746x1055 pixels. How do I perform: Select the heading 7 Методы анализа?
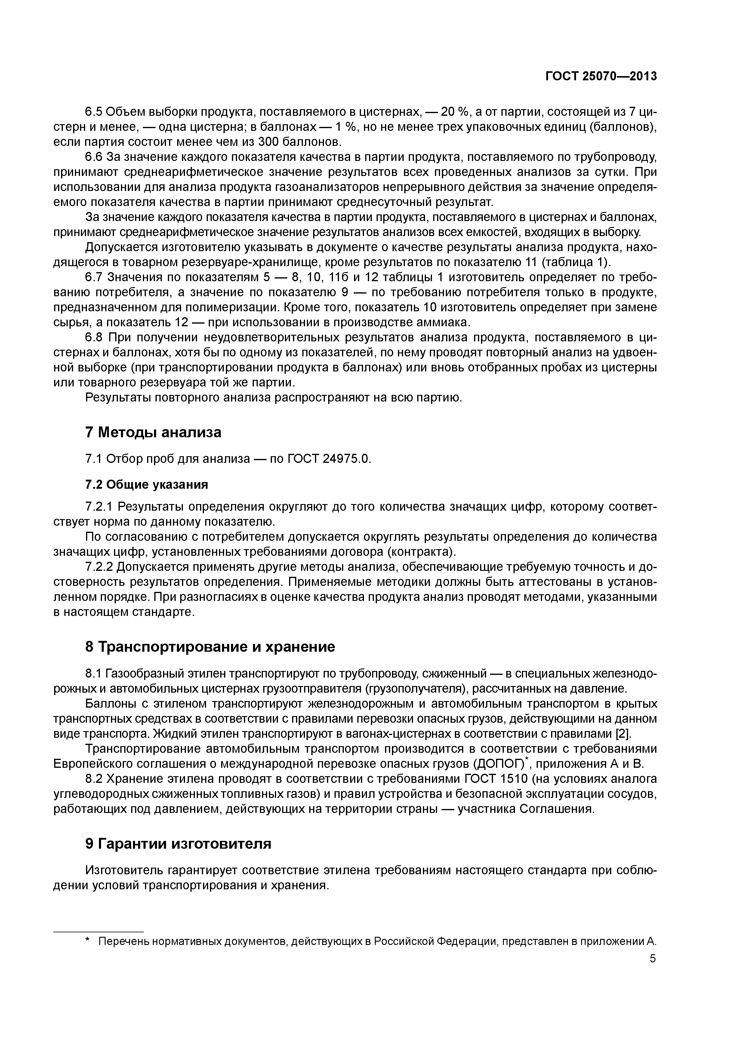153,432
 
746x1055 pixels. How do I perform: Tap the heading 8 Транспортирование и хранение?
210,647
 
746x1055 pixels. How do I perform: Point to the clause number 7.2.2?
99,567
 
